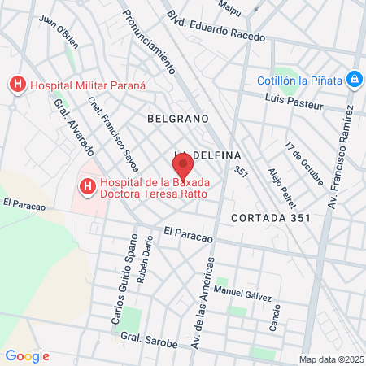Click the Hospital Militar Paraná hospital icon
coord(16,84)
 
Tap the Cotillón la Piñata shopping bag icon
coord(354,79)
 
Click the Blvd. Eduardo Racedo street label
coord(216,25)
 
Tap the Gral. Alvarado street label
coord(72,129)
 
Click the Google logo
coord(27,356)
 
